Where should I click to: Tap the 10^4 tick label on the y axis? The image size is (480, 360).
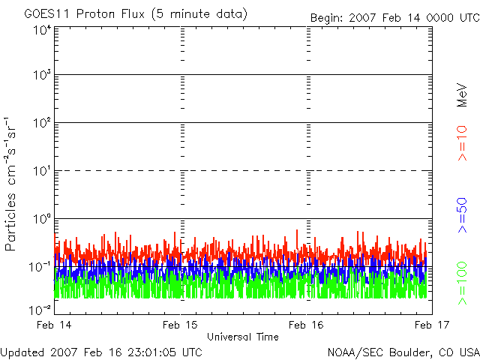[41, 30]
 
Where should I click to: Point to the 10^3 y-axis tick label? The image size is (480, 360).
[41, 76]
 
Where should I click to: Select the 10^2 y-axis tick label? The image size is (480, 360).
[41, 124]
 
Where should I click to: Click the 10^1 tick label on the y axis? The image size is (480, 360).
[41, 172]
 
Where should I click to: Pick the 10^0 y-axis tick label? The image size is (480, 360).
[41, 220]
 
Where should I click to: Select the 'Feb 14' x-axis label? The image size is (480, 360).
[55, 325]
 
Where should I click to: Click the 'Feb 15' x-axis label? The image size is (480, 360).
[181, 325]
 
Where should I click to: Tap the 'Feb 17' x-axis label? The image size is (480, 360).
[431, 325]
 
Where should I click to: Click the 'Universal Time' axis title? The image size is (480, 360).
[241, 337]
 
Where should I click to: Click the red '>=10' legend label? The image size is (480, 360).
[462, 142]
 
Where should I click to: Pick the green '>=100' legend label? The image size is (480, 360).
[462, 282]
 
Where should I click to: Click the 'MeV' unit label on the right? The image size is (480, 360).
[462, 95]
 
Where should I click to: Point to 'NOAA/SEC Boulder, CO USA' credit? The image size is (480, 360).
[403, 352]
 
